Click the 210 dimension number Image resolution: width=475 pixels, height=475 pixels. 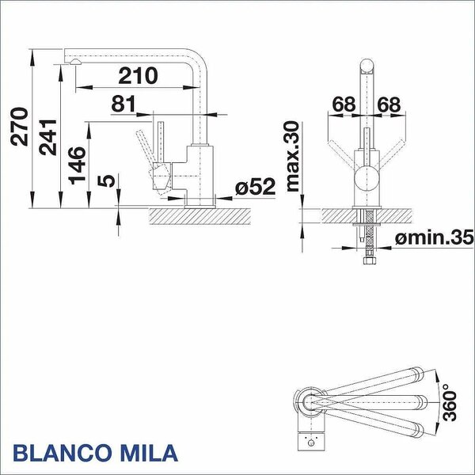click(x=138, y=75)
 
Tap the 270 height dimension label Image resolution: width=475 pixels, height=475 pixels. click(x=19, y=127)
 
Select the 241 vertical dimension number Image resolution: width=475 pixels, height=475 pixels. click(x=47, y=138)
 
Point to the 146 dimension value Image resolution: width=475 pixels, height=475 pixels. click(x=77, y=165)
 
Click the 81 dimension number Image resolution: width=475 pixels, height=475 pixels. click(x=123, y=104)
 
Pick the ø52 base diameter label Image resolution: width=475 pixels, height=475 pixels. click(x=255, y=186)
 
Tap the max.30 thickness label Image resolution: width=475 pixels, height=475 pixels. click(x=293, y=156)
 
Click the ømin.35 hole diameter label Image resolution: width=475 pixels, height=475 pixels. click(x=434, y=237)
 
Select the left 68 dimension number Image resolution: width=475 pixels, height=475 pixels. click(x=344, y=104)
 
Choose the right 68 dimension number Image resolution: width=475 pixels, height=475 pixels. click(x=389, y=104)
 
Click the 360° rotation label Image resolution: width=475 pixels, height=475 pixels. click(x=449, y=402)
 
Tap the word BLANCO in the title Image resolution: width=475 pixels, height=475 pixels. click(x=61, y=453)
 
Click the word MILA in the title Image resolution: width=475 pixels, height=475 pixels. click(x=148, y=453)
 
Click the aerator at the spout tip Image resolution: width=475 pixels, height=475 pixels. click(x=75, y=62)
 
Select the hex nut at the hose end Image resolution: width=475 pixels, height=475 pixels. click(x=370, y=260)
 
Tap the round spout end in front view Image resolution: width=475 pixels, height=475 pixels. click(x=367, y=66)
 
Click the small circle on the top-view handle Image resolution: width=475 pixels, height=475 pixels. click(x=310, y=443)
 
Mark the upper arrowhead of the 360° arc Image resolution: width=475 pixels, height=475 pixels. click(x=438, y=377)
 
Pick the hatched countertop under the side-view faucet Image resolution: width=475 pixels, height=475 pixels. click(x=200, y=216)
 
